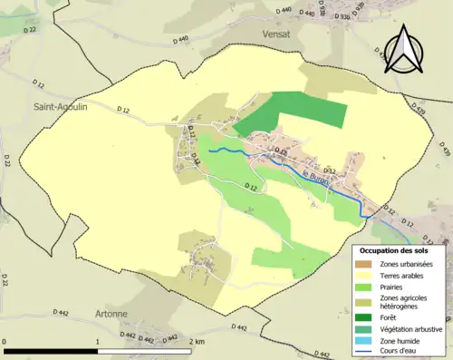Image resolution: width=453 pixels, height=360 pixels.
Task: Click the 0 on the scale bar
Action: [5, 342]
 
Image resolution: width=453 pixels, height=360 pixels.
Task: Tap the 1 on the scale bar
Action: [97, 342]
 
